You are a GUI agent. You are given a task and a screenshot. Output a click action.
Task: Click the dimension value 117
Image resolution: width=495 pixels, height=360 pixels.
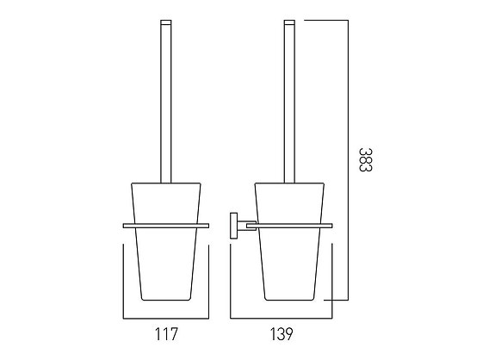[x=167, y=331]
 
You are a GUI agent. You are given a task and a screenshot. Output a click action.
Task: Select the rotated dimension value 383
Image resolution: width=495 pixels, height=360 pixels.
[x=366, y=159]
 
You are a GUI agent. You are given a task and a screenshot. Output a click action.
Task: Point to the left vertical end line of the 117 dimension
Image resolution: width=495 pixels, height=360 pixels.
[x=126, y=280]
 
